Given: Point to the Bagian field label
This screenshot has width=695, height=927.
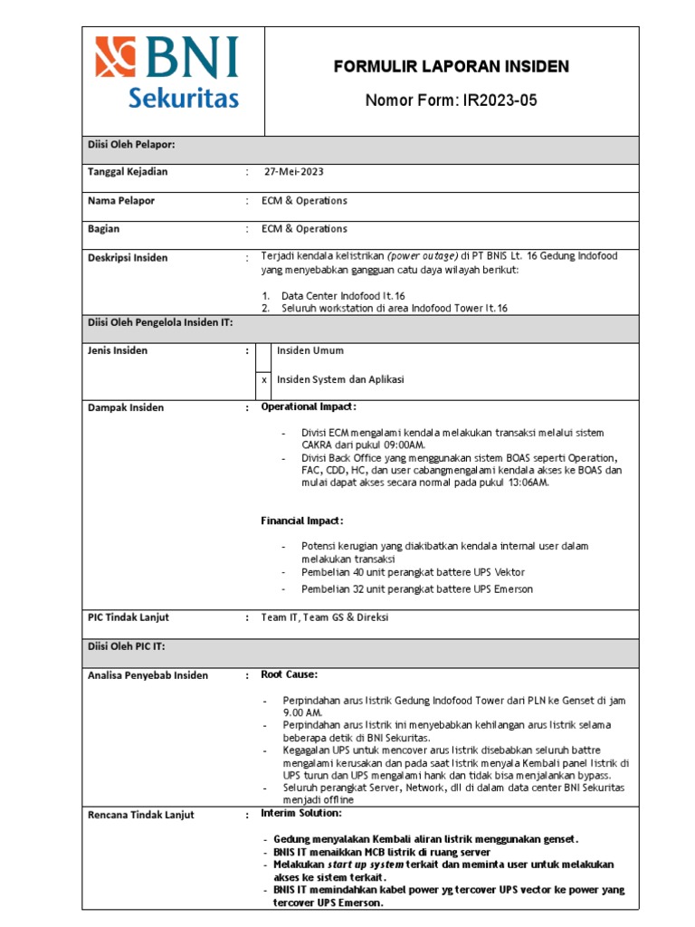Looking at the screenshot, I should click(x=103, y=230).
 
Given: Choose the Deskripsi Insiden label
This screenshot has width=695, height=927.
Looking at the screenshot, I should click(x=127, y=258).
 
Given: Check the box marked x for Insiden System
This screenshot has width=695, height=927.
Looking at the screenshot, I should click(x=263, y=380).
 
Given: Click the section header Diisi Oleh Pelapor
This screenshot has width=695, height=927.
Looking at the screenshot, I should click(x=130, y=145).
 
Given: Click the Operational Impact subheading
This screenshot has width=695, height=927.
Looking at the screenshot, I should click(x=309, y=407).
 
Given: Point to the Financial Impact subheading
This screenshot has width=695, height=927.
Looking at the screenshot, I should click(x=302, y=521).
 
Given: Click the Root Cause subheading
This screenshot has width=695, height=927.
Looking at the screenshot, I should click(x=289, y=675).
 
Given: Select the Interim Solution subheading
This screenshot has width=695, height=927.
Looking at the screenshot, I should click(x=302, y=814).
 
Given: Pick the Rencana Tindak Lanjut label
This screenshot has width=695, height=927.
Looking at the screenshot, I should click(x=140, y=816).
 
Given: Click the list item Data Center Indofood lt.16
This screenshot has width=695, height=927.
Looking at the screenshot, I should click(x=343, y=296).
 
